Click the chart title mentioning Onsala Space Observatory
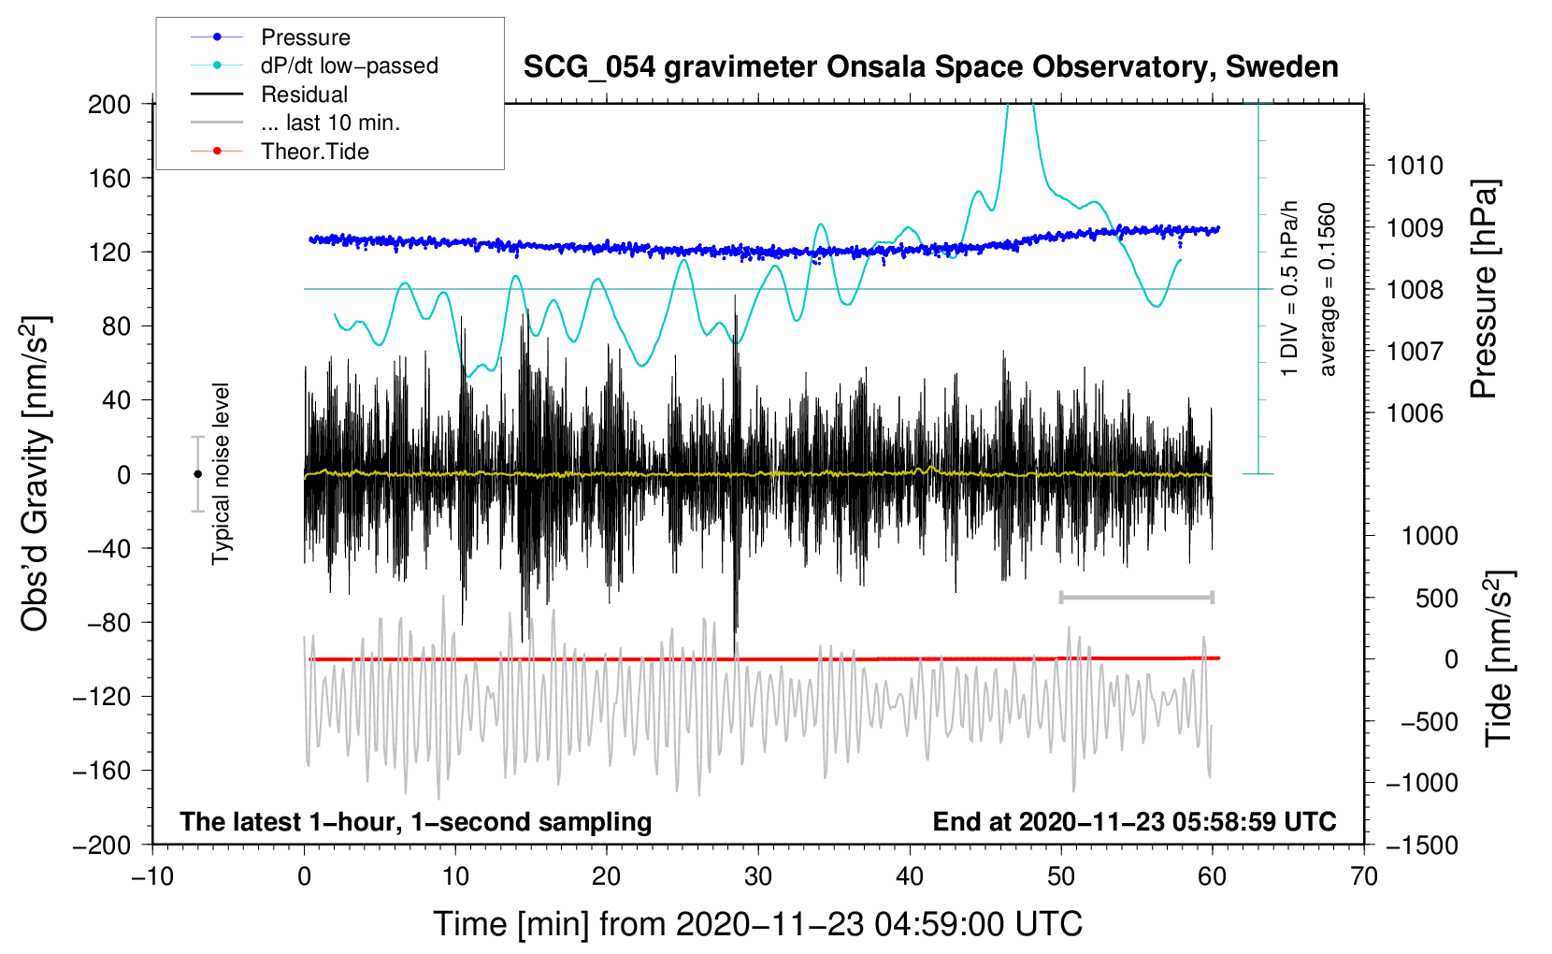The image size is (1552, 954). point(930,67)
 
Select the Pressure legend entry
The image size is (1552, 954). point(305,37)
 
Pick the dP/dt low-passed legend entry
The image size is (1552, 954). point(349,65)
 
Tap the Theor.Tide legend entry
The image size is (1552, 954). point(314,152)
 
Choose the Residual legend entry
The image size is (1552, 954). point(304,94)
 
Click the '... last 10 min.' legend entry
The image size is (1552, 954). point(330,123)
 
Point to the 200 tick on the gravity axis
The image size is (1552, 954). point(109,104)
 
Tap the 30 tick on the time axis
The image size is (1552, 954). point(758,876)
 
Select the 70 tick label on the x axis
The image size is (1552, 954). point(1364,876)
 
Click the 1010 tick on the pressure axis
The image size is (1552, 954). point(1415,166)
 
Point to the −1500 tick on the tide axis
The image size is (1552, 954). point(1421,845)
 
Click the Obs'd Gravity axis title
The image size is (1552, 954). point(35,473)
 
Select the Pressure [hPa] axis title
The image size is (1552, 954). point(1485,289)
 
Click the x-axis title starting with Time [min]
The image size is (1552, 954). point(757,924)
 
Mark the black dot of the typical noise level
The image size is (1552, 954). point(197,474)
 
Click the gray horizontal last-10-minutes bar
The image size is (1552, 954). point(1136,597)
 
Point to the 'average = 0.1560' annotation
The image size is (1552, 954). point(1328,289)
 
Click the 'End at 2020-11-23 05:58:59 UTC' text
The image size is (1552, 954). point(1134,821)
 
